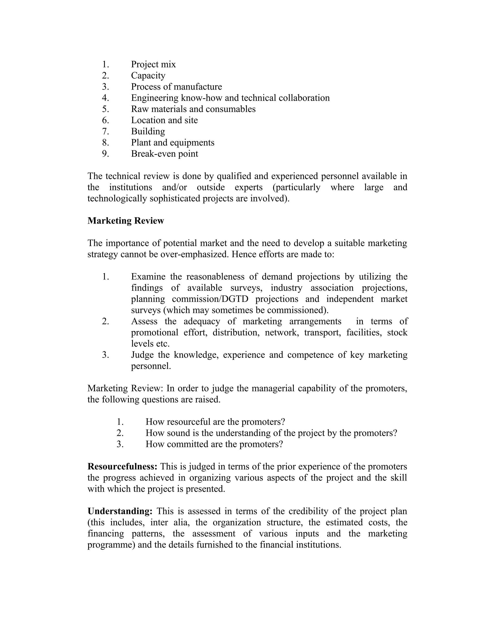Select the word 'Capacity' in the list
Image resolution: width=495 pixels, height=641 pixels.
point(148,75)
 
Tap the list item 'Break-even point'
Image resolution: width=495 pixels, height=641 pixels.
point(165,154)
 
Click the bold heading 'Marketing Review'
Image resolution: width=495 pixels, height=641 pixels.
point(125,221)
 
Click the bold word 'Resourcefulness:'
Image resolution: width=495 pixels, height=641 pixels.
point(123,467)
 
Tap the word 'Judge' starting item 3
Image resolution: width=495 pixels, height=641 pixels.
point(142,355)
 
